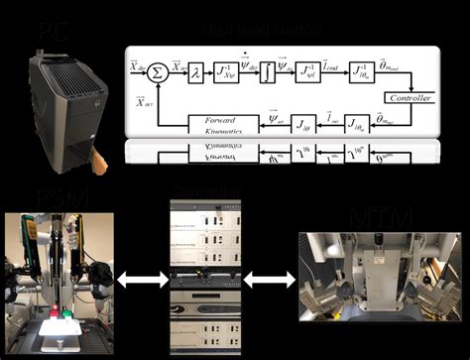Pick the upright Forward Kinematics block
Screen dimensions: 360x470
pos(215,123)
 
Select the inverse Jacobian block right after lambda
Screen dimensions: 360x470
pos(227,69)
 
